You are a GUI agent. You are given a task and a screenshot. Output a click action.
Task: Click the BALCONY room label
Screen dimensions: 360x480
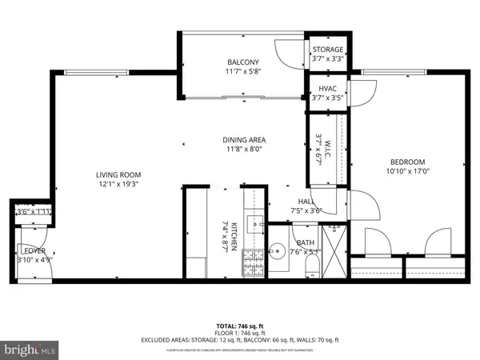tap(242, 62)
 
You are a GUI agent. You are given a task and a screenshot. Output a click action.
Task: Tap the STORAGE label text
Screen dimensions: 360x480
tap(327, 50)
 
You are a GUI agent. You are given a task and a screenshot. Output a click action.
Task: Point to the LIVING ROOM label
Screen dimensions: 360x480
tap(118, 175)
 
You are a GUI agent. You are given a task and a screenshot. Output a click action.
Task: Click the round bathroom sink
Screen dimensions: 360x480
tap(279, 253)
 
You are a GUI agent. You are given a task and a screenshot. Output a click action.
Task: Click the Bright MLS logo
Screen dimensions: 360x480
tap(30, 350)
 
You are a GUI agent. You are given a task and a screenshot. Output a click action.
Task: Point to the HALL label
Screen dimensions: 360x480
tap(306, 202)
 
